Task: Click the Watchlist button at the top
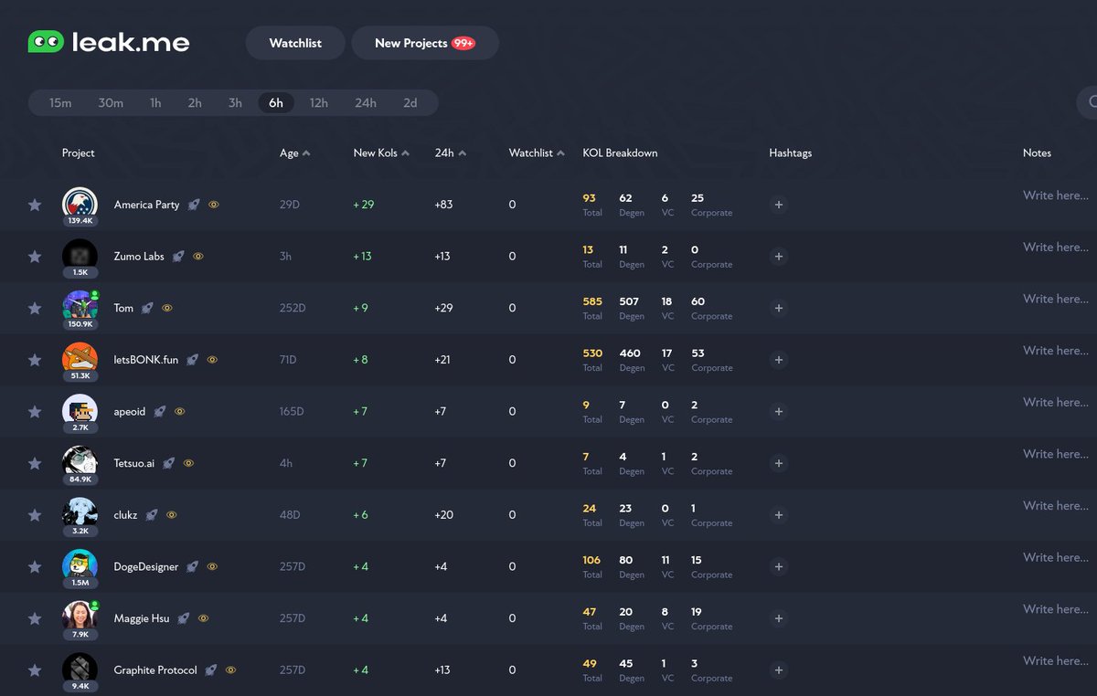pyautogui.click(x=295, y=43)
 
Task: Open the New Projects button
pyautogui.click(x=424, y=43)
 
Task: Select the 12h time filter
pyautogui.click(x=318, y=103)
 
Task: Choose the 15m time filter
pyautogui.click(x=60, y=103)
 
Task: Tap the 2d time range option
pyautogui.click(x=410, y=103)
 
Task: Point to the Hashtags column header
pyautogui.click(x=790, y=153)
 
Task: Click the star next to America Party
pyautogui.click(x=35, y=206)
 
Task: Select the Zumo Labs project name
pyautogui.click(x=139, y=257)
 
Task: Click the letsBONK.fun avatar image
pyautogui.click(x=80, y=357)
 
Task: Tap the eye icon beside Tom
pyautogui.click(x=167, y=309)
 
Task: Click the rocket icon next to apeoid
pyautogui.click(x=160, y=412)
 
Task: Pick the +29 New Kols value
pyautogui.click(x=364, y=205)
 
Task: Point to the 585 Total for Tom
pyautogui.click(x=591, y=301)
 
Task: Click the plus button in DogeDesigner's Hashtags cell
pyautogui.click(x=779, y=567)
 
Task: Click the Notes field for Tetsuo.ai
pyautogui.click(x=1055, y=454)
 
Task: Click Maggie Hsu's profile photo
pyautogui.click(x=80, y=615)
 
